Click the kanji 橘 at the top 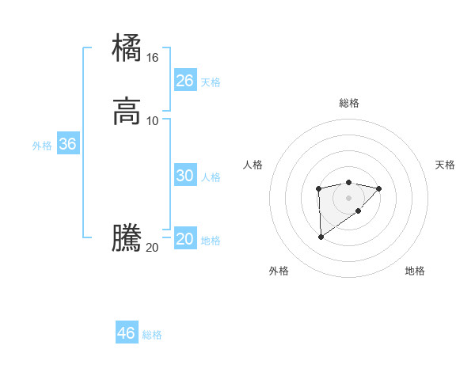pos(127,47)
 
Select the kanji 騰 pos(127,238)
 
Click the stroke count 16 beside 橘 pos(153,58)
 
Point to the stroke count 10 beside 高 pos(153,120)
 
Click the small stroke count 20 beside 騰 pos(153,248)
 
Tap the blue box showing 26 pos(184,81)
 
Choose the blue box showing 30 pos(184,176)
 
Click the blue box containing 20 pos(184,240)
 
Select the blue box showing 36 pos(68,145)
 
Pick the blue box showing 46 pos(127,333)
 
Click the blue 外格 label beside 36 pos(42,146)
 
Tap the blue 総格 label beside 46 pos(152,335)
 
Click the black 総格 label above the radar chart pos(348,103)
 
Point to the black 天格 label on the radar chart pos(445,165)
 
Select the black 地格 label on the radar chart pos(415,271)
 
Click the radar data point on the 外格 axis pos(321,237)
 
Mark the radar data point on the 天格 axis pos(379,188)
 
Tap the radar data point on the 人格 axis pos(318,188)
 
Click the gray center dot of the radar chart pos(348,198)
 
